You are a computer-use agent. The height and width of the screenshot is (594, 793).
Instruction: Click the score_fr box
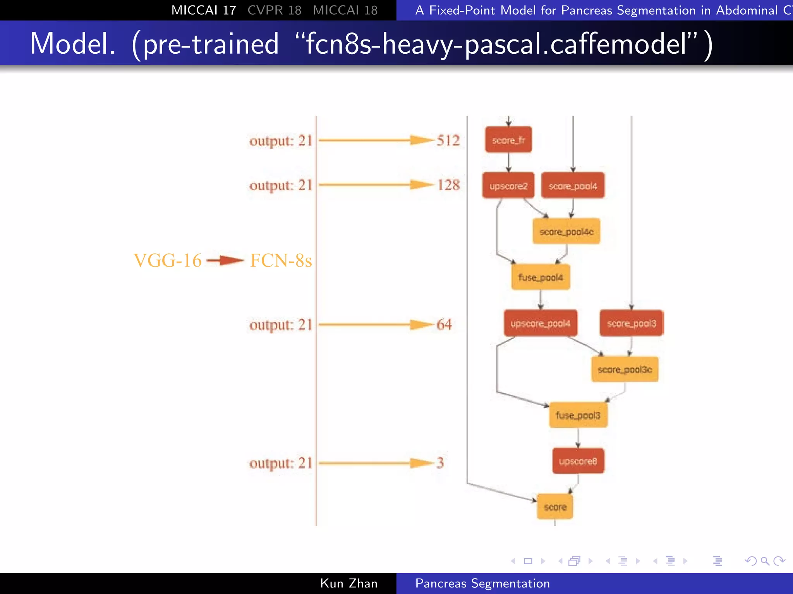click(x=508, y=140)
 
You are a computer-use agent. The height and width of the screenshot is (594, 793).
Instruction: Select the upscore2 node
click(x=508, y=186)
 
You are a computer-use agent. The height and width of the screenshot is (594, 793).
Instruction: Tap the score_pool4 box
click(x=573, y=186)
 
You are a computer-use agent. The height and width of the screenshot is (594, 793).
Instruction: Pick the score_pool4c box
click(x=566, y=231)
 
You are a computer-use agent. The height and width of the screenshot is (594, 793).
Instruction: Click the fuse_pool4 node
click(x=541, y=277)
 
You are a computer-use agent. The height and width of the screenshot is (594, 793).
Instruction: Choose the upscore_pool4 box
click(x=540, y=323)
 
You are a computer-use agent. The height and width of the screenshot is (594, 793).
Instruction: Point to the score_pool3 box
click(x=631, y=323)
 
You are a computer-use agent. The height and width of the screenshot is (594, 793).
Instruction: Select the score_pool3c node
click(x=625, y=369)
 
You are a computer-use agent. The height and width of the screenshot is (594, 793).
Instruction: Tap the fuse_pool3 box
click(x=578, y=415)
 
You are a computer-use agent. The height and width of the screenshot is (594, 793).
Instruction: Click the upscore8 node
click(x=578, y=461)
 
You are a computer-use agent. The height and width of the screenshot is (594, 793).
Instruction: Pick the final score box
click(x=555, y=507)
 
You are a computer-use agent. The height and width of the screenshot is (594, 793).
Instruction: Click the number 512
click(x=448, y=140)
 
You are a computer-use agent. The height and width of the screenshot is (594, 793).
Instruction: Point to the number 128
click(x=448, y=185)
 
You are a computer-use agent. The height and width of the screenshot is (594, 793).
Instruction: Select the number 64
click(x=444, y=324)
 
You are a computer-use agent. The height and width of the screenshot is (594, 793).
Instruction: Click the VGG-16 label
click(x=167, y=260)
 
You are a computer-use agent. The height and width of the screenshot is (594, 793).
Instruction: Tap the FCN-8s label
click(x=281, y=260)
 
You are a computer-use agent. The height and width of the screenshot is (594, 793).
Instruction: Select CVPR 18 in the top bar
click(x=274, y=10)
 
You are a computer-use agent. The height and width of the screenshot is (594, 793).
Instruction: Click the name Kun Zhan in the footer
click(x=348, y=583)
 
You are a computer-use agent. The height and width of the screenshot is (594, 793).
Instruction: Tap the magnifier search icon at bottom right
click(x=765, y=561)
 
